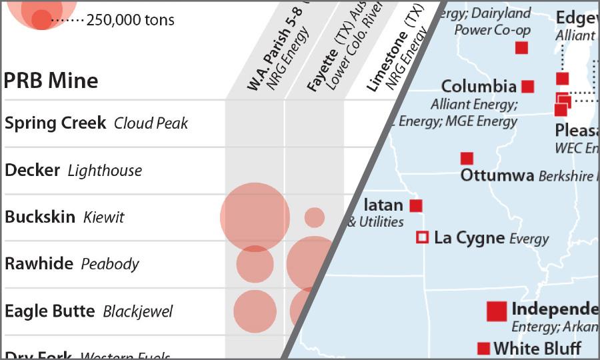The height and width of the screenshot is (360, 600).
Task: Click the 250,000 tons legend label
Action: (x=131, y=21)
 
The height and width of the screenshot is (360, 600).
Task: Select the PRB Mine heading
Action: (x=51, y=81)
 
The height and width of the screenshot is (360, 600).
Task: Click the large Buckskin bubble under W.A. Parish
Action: (x=255, y=217)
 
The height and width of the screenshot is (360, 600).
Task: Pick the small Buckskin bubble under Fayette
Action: (x=315, y=217)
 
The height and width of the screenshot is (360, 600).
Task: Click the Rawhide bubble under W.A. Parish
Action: (x=255, y=264)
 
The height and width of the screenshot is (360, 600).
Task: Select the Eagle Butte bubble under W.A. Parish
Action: (x=255, y=311)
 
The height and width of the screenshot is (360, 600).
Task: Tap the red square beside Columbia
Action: (x=527, y=87)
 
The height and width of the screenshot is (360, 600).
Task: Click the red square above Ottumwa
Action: (x=467, y=159)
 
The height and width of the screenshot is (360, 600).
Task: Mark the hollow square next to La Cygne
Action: (x=422, y=237)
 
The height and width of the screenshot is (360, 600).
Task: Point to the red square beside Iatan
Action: (x=415, y=206)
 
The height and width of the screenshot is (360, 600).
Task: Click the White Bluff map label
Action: (x=537, y=348)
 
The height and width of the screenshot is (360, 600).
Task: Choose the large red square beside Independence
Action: (x=497, y=311)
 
